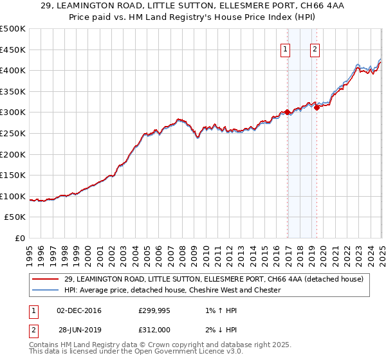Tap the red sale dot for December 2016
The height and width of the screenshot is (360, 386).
point(287,112)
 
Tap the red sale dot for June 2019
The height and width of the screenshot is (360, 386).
point(317,107)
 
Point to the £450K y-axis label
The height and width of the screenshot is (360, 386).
point(12,50)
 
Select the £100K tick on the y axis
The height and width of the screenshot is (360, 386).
point(12,196)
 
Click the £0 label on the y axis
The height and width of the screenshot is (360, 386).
point(20,239)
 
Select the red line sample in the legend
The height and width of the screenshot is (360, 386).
point(46,278)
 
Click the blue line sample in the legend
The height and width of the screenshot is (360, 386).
point(46,290)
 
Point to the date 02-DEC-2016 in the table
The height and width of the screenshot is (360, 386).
point(79,310)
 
